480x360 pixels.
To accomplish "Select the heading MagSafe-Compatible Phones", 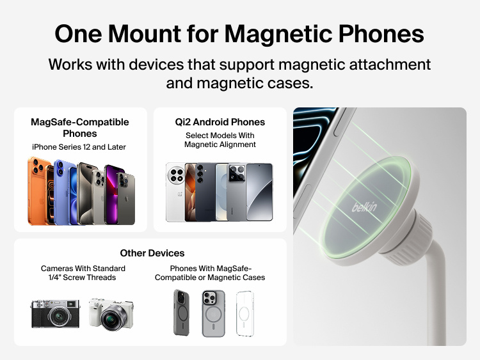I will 80,127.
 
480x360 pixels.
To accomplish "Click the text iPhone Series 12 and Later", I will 79,147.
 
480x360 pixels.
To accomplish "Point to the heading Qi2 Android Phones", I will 220,121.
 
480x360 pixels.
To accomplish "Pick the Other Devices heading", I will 152,253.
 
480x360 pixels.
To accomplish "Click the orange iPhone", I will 38,192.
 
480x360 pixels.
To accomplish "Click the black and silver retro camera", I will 55,313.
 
